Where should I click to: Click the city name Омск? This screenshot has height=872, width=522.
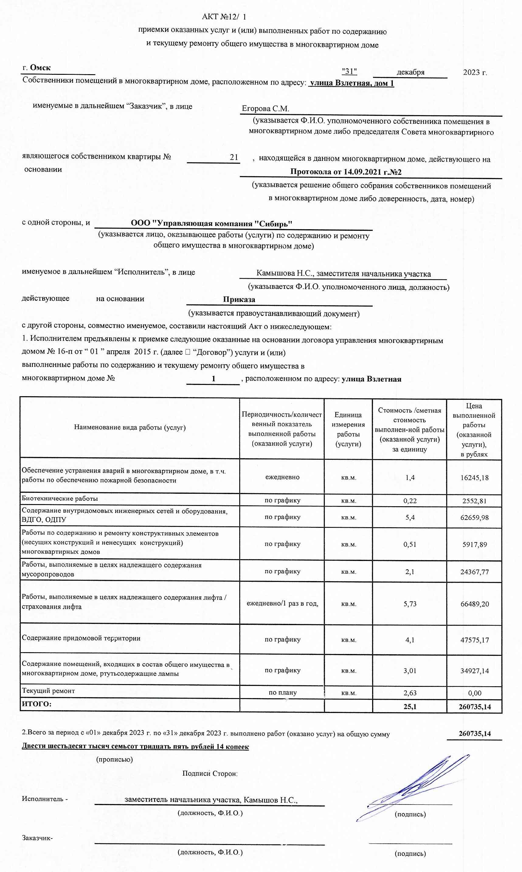(x=40, y=67)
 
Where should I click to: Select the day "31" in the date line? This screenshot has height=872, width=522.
(x=349, y=71)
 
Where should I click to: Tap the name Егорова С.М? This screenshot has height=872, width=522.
(x=266, y=109)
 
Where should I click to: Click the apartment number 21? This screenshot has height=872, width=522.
(x=234, y=157)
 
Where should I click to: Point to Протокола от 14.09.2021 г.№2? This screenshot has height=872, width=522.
(x=346, y=172)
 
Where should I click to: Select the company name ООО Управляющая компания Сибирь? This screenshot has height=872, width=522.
(x=212, y=223)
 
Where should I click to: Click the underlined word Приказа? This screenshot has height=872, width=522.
(x=239, y=299)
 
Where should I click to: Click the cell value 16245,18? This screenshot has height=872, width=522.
(x=474, y=478)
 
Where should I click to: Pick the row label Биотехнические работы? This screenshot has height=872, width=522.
(x=60, y=498)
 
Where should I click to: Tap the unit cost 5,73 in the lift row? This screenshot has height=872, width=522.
(x=410, y=604)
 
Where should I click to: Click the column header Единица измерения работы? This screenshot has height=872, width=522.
(x=348, y=429)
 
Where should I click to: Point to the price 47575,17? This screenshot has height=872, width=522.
(x=475, y=640)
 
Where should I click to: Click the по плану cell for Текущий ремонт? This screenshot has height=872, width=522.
(x=282, y=692)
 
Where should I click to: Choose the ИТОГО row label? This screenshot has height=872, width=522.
(x=36, y=704)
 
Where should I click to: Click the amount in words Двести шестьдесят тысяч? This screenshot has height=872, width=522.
(x=135, y=746)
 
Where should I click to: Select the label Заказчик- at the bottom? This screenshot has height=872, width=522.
(x=37, y=838)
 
